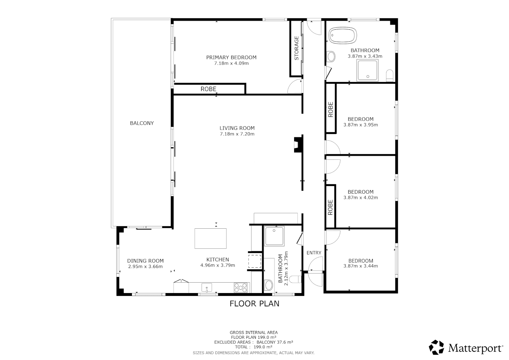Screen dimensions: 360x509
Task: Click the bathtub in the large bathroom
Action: [x=343, y=35]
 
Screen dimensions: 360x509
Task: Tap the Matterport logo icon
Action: [x=436, y=347]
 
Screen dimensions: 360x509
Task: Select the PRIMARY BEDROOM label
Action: [x=231, y=57]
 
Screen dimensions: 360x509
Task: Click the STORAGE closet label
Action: [x=296, y=48]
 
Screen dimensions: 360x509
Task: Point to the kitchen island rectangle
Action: [x=211, y=238]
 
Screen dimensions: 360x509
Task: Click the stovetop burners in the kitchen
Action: [x=241, y=287]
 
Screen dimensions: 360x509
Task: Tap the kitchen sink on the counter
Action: [x=207, y=287]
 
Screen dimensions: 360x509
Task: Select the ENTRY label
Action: [x=314, y=253]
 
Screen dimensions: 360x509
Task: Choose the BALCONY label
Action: [x=142, y=123]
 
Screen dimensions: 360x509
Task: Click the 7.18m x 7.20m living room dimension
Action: [x=237, y=134]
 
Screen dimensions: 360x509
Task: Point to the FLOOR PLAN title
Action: [x=254, y=304]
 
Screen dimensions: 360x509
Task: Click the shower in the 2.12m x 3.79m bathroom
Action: [x=274, y=236]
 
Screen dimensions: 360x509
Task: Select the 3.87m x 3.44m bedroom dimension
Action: [x=360, y=266]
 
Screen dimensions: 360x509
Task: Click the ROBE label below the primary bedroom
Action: [x=209, y=89]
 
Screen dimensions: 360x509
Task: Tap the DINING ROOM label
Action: [x=145, y=261]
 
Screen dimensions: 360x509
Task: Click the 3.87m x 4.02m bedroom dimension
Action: [x=360, y=197]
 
